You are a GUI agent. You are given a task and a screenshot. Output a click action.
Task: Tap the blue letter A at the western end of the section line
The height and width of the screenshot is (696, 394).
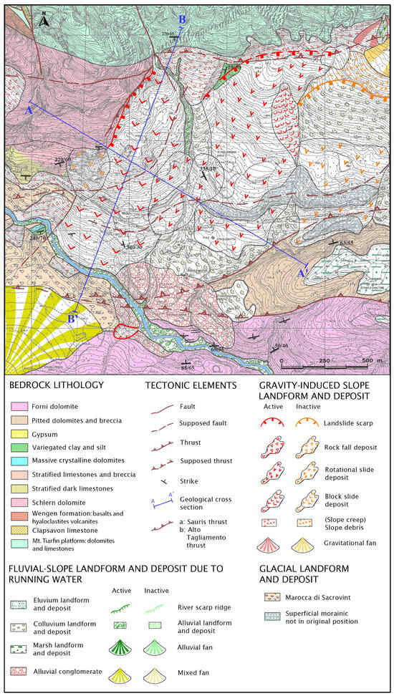coord(29,110)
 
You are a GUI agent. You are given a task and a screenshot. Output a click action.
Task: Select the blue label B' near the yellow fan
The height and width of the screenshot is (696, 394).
coord(72,318)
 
